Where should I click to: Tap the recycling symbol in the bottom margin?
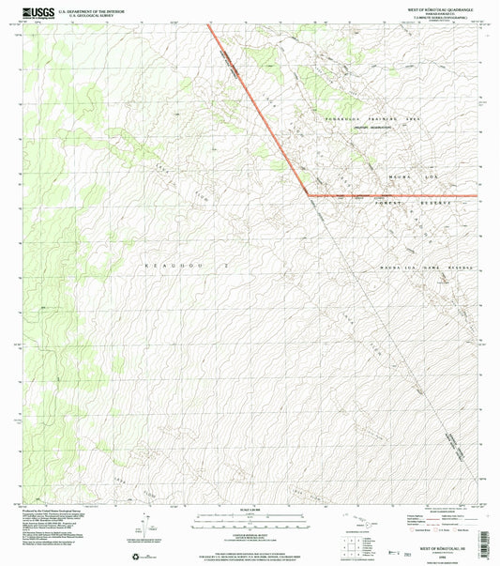tap(143, 556)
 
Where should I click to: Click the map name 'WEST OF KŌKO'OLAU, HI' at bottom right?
tap(433, 549)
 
